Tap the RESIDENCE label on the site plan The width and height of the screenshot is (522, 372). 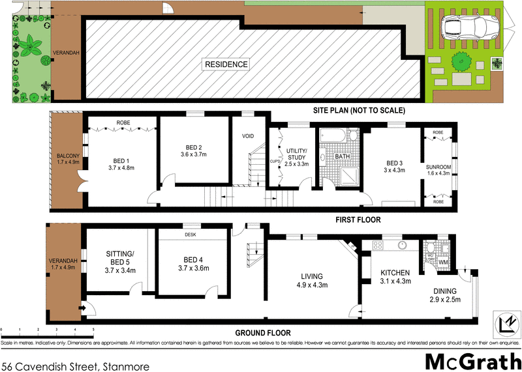[x=226, y=64]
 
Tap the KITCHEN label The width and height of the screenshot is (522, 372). [x=395, y=272]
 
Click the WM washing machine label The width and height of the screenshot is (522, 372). [x=443, y=262]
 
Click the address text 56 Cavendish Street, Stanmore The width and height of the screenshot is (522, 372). [x=75, y=366]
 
